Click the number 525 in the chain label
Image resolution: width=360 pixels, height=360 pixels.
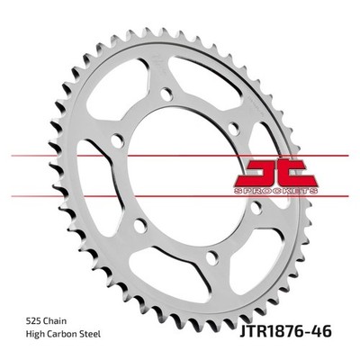point(33,321)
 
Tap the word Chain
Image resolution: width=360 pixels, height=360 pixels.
point(55,321)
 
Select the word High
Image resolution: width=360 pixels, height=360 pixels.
point(35,335)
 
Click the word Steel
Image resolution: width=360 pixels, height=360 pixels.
point(89,334)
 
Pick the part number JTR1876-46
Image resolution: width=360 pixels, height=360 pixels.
point(285,332)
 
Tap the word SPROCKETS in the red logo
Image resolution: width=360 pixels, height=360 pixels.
point(275,191)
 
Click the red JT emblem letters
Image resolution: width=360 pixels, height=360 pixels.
point(275,173)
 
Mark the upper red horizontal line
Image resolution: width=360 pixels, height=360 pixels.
point(180,156)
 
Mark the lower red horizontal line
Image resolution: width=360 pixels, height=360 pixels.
point(180,196)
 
